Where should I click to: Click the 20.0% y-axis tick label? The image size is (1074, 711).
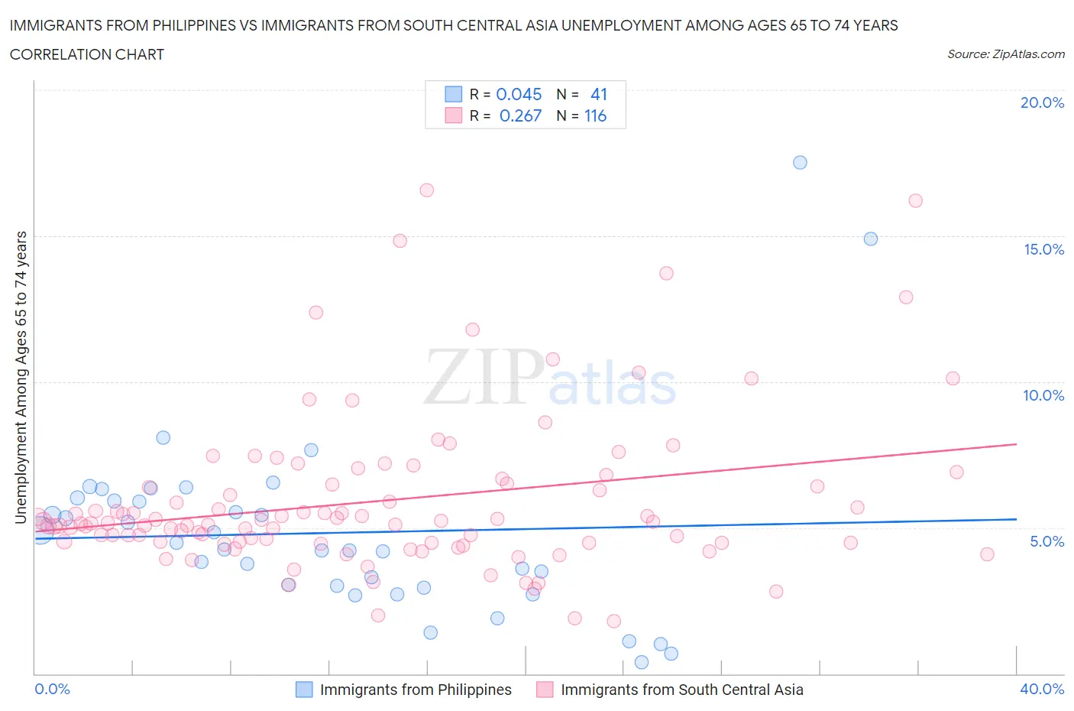[x=1042, y=102]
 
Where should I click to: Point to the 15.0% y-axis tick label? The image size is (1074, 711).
[x=1043, y=249]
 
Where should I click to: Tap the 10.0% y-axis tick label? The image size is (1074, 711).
[x=1043, y=395]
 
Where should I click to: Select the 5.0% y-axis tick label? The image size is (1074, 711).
[x=1047, y=541]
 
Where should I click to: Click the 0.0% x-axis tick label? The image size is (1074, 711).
[x=52, y=689]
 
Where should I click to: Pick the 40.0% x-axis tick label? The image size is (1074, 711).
[x=1042, y=689]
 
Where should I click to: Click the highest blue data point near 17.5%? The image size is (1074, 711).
[x=800, y=162]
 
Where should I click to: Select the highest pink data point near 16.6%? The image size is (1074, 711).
[x=426, y=190]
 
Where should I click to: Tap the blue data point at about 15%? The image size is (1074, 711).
[x=870, y=239]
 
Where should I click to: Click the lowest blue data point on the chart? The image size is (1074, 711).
[x=642, y=662]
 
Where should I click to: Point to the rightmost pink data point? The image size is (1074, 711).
[x=987, y=554]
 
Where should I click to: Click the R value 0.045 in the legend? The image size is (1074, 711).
[x=519, y=94]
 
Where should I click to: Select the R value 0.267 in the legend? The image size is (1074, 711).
[x=520, y=115]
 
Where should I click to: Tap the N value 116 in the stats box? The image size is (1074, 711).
[x=595, y=115]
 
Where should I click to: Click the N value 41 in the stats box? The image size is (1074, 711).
[x=599, y=94]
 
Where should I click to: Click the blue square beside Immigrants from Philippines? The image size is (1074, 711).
[x=304, y=690]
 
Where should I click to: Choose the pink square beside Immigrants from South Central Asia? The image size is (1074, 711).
[x=545, y=690]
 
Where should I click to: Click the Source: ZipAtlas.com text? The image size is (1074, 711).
[x=1005, y=54]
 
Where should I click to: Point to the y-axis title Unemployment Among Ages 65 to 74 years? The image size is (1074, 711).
[x=21, y=377]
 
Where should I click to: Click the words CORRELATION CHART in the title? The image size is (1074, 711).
[x=87, y=54]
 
